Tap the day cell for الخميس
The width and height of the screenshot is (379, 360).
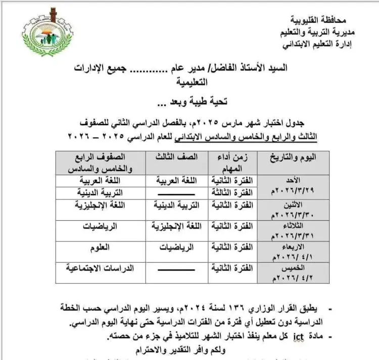286,272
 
